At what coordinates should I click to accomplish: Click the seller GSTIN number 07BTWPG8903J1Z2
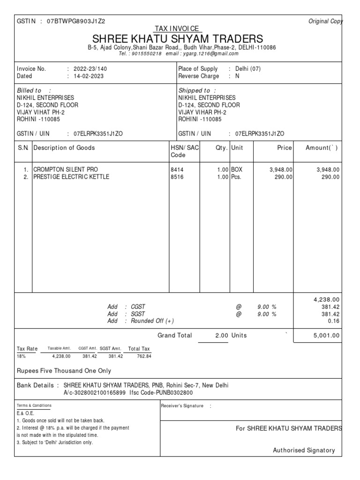[76, 22]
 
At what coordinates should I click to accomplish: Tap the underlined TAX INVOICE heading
[180, 29]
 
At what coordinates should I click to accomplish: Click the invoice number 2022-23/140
[93, 69]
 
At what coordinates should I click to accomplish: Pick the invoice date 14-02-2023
[89, 76]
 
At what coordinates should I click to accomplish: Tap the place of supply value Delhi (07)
[248, 69]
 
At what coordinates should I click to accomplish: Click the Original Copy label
[325, 22]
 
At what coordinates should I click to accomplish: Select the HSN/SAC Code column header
[185, 151]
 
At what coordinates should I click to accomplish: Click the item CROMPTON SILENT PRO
[66, 170]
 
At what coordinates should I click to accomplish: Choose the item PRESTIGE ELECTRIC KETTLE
[71, 177]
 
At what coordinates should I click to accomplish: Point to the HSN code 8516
[177, 177]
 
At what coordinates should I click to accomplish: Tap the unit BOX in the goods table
[237, 170]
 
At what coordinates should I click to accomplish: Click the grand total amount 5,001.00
[326, 336]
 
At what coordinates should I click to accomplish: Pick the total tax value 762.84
[140, 356]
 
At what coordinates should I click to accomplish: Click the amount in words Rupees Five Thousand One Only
[64, 371]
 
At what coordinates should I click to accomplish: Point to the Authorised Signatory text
[304, 450]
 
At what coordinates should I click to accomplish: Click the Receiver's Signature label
[182, 406]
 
